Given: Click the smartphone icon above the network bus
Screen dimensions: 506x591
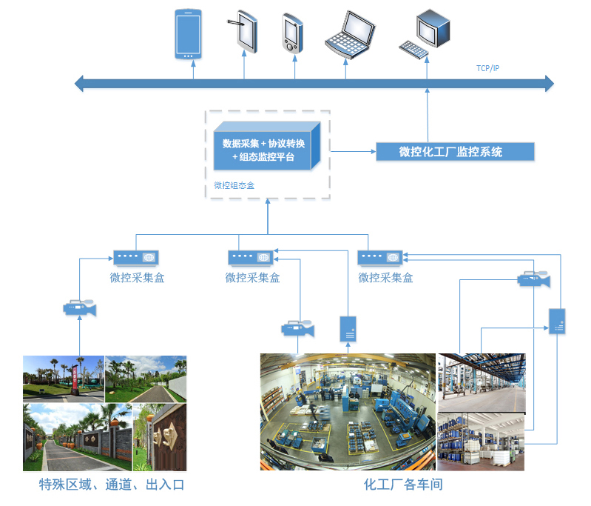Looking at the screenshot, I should (x=188, y=34).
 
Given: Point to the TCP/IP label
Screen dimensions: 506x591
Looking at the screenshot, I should (x=487, y=68).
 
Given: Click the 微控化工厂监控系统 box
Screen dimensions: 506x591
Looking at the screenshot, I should (x=451, y=152).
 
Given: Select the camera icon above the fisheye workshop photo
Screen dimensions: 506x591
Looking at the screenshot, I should (x=298, y=328).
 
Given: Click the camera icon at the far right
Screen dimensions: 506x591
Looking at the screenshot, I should (x=533, y=279).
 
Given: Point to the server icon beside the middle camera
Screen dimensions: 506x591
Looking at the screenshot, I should (x=348, y=329).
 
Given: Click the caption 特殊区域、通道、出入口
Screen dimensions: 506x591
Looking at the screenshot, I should (x=111, y=486).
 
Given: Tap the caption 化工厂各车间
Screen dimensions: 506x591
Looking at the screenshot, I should (x=403, y=486).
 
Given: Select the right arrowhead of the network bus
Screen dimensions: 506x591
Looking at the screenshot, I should (x=549, y=83).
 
